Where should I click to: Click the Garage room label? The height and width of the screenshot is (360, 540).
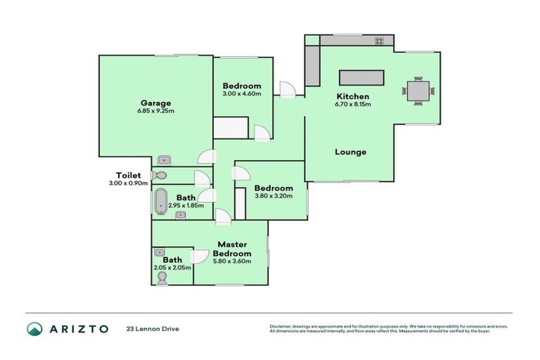155,103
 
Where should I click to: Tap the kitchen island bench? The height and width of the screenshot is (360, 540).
362,77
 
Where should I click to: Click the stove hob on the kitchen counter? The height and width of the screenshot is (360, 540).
379,41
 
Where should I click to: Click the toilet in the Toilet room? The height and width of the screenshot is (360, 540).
159,175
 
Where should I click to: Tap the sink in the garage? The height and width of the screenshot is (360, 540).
164,160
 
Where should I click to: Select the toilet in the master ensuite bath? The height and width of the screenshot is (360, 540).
162,278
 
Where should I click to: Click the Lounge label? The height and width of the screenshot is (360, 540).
350,152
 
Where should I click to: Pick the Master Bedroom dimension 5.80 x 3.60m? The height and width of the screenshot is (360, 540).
232,262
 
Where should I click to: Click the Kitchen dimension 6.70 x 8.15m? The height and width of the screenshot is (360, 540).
352,104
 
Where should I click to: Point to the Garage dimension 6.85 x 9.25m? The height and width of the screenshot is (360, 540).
155,110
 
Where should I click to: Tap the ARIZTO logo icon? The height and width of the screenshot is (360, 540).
34,328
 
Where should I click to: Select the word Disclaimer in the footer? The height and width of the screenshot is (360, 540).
281,326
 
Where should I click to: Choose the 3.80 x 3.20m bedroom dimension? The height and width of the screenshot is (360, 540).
273,196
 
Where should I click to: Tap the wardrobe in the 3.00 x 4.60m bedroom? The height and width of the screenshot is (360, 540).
231,128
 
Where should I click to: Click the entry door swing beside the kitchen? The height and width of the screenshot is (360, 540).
287,89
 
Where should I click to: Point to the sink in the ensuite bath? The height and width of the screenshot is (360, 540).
160,252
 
